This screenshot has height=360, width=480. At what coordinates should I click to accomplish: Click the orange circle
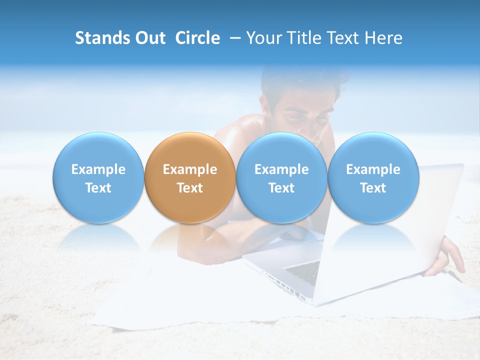coord(189,178)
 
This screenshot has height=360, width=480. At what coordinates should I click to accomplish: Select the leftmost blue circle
coord(98,178)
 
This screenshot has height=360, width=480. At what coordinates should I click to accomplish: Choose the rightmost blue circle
coord(373,178)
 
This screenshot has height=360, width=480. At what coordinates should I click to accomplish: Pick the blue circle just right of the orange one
coord(281,178)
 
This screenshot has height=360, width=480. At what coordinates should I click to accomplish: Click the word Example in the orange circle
coord(189,169)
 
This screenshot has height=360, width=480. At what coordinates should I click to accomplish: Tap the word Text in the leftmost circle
coord(98,188)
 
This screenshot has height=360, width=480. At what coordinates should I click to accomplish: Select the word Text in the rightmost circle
coord(373,188)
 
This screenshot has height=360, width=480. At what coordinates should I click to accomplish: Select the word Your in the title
coord(263,38)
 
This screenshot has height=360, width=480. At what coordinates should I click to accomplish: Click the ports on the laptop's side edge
coord(282,285)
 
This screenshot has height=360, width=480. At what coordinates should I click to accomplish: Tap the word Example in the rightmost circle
coord(373,169)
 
